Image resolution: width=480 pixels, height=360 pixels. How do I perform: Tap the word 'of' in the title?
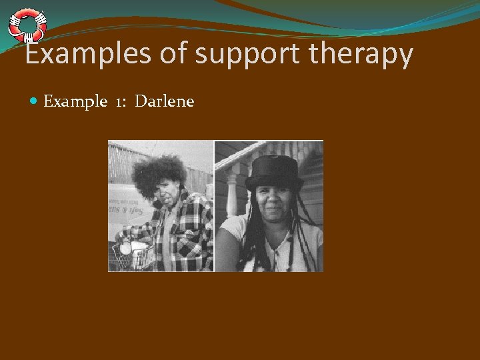173,54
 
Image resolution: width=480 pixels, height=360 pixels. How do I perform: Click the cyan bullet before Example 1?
35,101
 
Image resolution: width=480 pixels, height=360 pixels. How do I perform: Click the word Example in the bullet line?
75,102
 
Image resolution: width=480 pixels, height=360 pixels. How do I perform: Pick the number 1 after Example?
121,102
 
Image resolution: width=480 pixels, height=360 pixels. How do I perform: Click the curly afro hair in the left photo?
159,175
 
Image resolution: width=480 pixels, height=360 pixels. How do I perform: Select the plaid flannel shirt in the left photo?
183,237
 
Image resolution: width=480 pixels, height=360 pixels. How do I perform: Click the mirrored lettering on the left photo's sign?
125,209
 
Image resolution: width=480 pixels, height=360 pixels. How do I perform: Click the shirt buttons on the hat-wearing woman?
277,257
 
